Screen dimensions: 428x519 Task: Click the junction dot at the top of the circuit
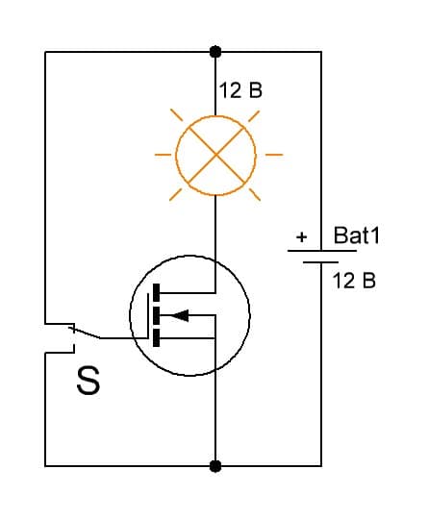tap(215, 52)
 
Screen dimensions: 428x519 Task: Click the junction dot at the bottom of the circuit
tap(215, 466)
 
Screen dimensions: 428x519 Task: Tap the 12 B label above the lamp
tap(240, 90)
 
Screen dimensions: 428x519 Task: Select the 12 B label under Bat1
tap(354, 281)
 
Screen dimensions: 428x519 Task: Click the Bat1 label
tap(357, 235)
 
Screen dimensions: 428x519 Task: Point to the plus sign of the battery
tap(301, 237)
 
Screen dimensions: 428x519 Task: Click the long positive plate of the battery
tap(322, 251)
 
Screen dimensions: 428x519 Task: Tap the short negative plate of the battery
tap(320, 262)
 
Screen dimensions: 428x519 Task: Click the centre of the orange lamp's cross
tap(215, 155)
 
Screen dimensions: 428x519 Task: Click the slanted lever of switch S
tap(85, 333)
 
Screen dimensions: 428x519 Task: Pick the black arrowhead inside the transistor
tap(180, 315)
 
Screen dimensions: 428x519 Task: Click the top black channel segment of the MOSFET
tap(156, 292)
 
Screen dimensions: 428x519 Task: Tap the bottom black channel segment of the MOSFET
tap(156, 337)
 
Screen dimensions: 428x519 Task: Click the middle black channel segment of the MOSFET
tap(156, 315)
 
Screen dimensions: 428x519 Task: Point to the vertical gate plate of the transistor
tap(148, 316)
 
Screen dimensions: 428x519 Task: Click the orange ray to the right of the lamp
tap(274, 155)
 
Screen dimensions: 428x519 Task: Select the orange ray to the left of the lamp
tap(163, 155)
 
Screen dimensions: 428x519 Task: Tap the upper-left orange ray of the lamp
tap(177, 115)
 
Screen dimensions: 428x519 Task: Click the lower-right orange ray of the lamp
tap(255, 194)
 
